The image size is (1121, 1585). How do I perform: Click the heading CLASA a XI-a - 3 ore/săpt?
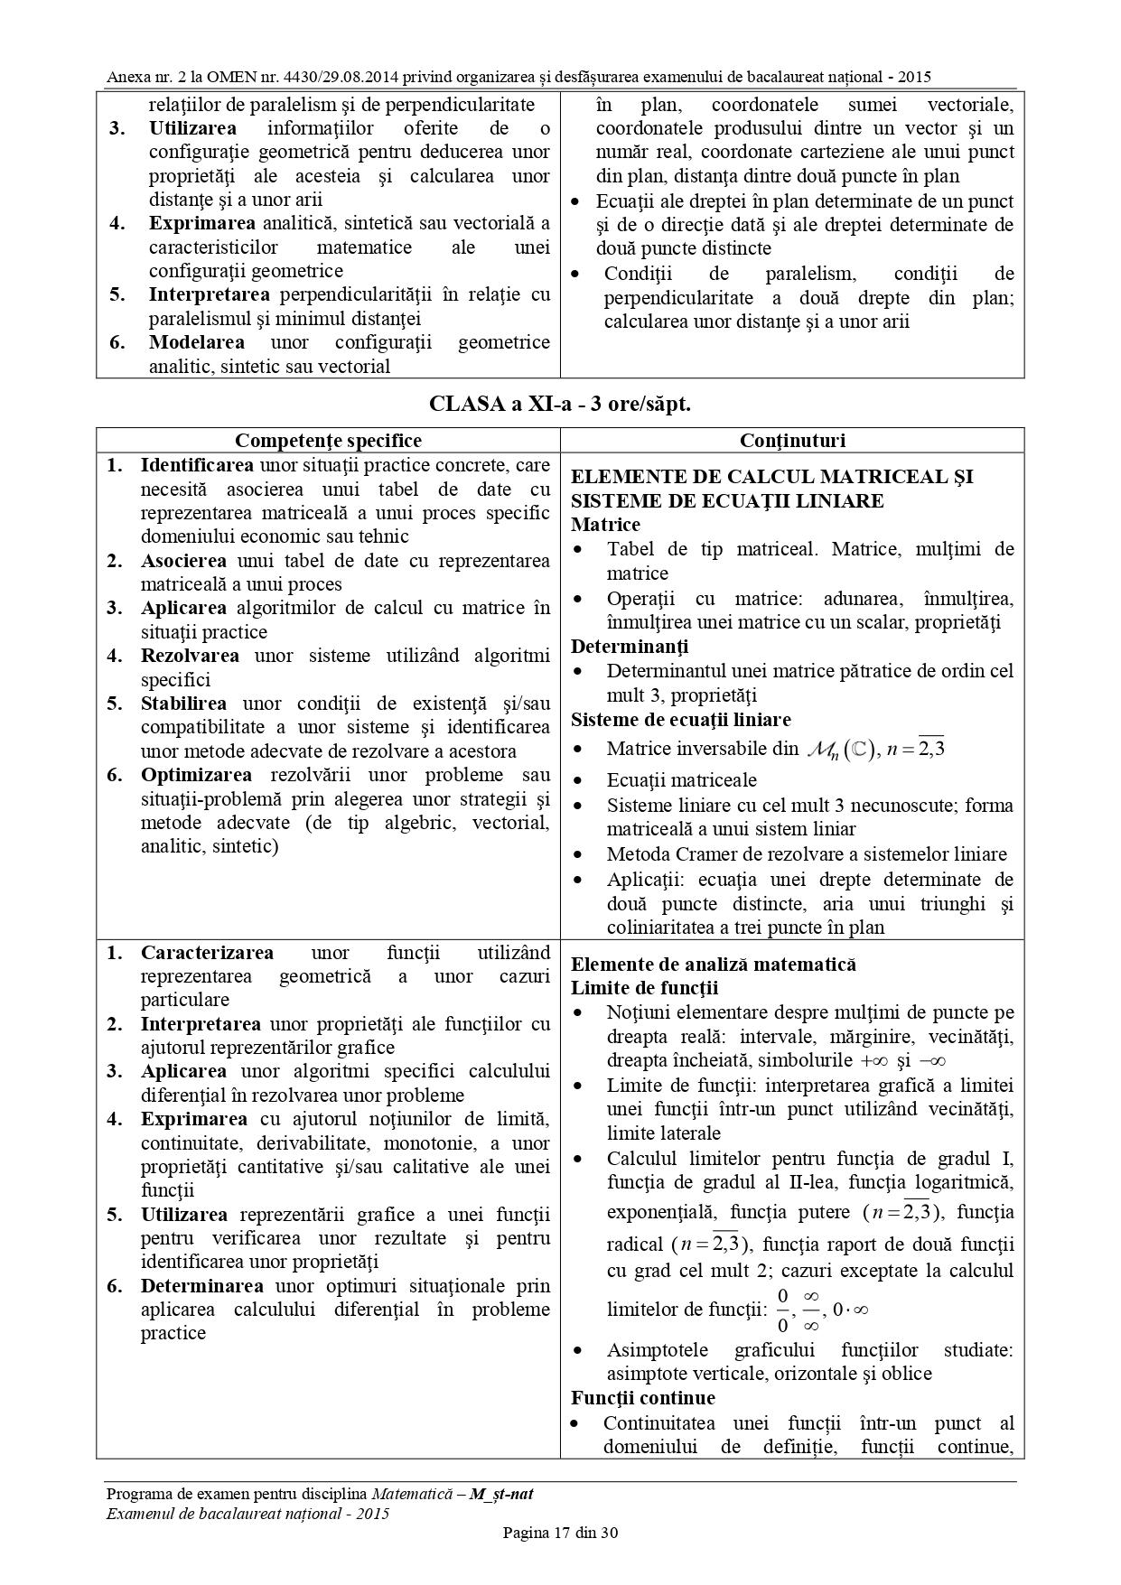[x=560, y=404]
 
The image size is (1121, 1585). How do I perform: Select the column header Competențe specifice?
[x=328, y=441]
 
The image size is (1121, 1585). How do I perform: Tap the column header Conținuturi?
[x=792, y=441]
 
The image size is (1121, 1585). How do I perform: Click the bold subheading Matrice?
[x=605, y=525]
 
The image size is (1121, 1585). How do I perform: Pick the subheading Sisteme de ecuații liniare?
[x=680, y=720]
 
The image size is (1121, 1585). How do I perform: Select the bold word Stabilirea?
[x=183, y=704]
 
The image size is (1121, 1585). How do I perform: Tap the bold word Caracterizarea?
[x=207, y=953]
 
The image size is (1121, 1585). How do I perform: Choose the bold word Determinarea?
[x=201, y=1286]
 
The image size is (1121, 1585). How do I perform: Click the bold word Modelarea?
[x=196, y=342]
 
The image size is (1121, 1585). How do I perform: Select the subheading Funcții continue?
[x=642, y=1398]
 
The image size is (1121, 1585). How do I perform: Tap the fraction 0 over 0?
[x=782, y=1310]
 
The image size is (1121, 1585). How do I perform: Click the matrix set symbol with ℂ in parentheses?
[x=840, y=750]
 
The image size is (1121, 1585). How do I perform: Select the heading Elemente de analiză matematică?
[x=714, y=965]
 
